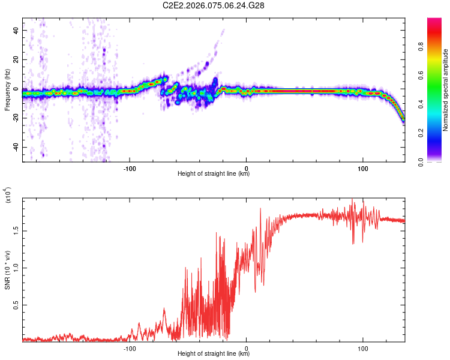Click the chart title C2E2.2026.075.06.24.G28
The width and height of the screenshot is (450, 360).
(x=214, y=5)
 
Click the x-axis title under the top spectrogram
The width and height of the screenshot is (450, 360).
(x=214, y=174)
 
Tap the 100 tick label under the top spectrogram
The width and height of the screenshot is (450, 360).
(x=363, y=167)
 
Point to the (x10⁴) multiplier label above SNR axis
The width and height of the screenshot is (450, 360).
(x=7, y=196)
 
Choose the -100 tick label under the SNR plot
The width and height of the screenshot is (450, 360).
(x=130, y=347)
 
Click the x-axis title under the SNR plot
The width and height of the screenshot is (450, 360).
(x=214, y=354)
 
